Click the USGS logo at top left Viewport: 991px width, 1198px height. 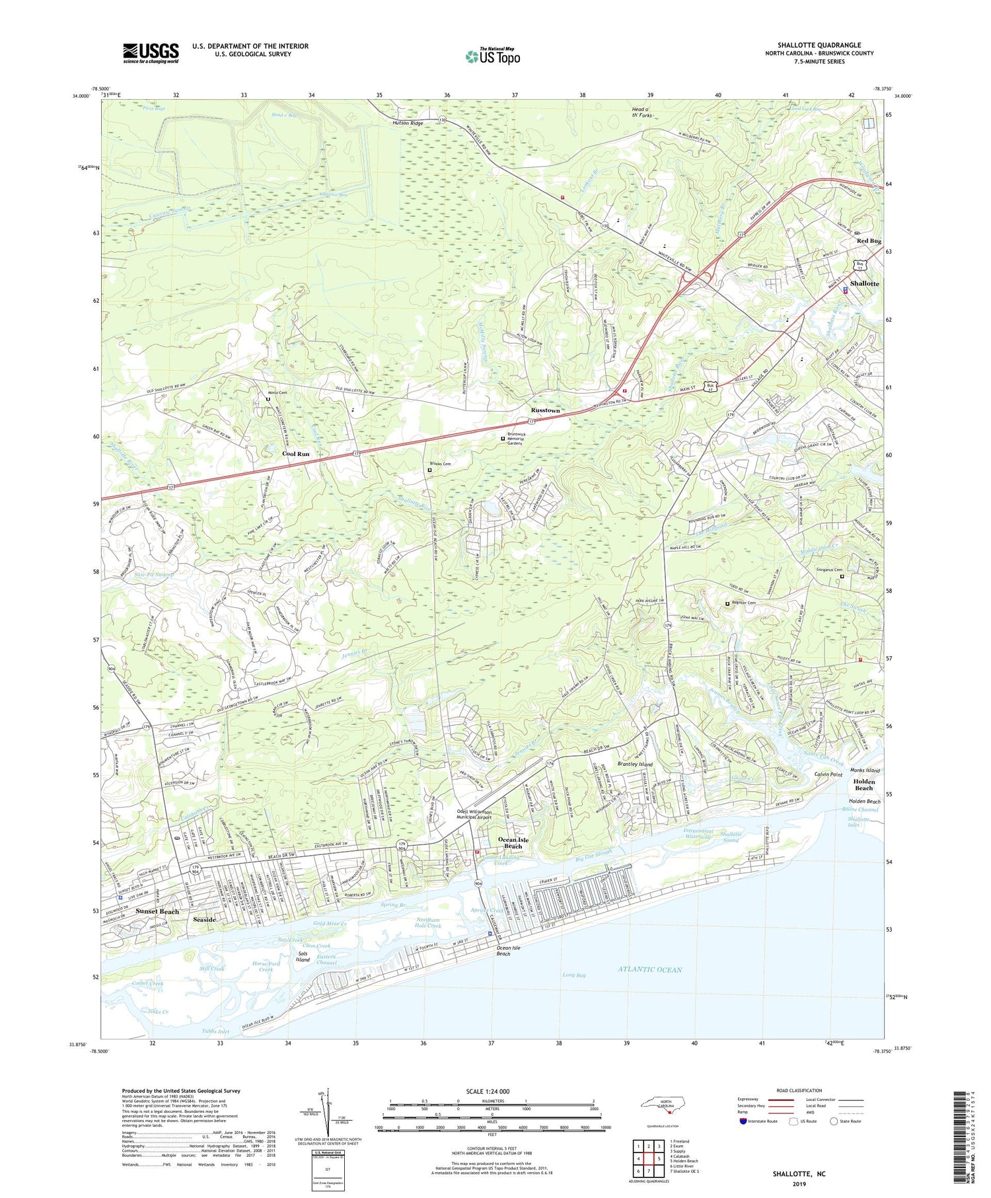pyautogui.click(x=151, y=53)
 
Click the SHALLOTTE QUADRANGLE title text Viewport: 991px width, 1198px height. pyautogui.click(x=819, y=45)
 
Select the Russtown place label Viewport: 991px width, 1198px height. pyautogui.click(x=545, y=410)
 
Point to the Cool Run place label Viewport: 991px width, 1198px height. pyautogui.click(x=295, y=454)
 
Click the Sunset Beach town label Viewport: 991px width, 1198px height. pyautogui.click(x=157, y=911)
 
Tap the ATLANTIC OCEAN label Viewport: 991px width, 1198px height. pyautogui.click(x=649, y=969)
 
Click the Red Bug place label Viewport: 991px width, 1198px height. pyautogui.click(x=868, y=241)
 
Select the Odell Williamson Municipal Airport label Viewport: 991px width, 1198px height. pyautogui.click(x=484, y=815)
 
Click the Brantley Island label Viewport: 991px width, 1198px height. pyautogui.click(x=634, y=764)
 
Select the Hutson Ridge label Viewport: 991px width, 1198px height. pyautogui.click(x=407, y=124)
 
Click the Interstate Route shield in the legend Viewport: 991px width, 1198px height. pyautogui.click(x=743, y=1121)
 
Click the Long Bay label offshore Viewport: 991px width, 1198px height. pyautogui.click(x=573, y=975)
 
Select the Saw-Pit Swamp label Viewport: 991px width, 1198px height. pyautogui.click(x=153, y=574)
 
